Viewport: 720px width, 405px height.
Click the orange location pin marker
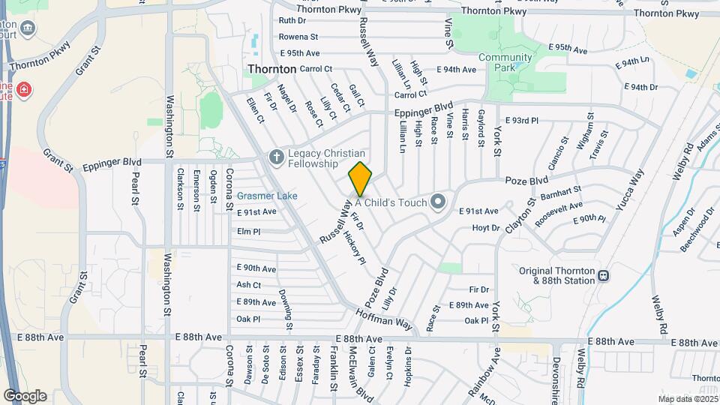point(360,179)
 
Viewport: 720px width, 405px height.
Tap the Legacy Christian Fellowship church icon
point(275,157)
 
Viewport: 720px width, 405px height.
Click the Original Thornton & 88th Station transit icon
point(603,276)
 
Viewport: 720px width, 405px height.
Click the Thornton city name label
point(271,68)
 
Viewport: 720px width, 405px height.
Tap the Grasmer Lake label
point(267,196)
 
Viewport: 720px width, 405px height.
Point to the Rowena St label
point(298,36)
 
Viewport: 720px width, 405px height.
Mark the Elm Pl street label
point(248,232)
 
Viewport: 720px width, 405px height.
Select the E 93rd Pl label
point(522,120)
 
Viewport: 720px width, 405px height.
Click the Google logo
point(25,395)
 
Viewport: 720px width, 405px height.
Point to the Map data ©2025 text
point(687,399)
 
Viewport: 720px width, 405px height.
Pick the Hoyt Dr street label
point(485,227)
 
